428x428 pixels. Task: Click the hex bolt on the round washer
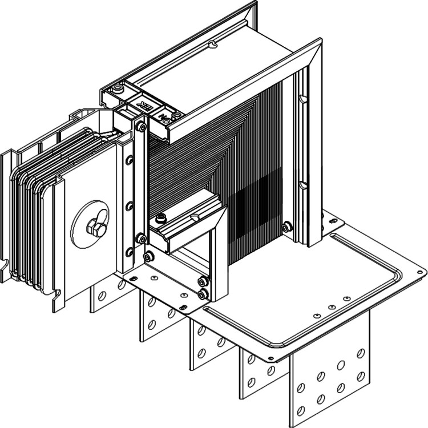[x=94, y=230]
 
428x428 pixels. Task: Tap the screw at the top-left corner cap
[x=118, y=89]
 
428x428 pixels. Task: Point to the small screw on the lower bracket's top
[x=161, y=217]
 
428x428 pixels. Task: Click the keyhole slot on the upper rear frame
[x=213, y=44]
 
